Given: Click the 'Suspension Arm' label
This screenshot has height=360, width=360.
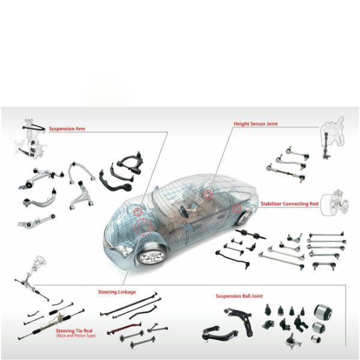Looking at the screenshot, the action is pos(67,129).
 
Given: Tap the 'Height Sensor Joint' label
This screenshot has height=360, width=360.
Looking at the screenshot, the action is pos(256,124).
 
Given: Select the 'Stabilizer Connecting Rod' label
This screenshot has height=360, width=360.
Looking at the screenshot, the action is pos(290,203).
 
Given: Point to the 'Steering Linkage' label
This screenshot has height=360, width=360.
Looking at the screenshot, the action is pos(117,292).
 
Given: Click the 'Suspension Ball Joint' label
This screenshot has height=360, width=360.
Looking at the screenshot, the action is pos(239,296).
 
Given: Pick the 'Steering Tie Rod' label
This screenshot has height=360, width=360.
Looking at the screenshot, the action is pos(74,331).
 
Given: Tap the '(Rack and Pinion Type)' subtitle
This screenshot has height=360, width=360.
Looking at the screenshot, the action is pos(76,335).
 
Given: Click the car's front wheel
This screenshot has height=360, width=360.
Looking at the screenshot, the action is pos(152,256).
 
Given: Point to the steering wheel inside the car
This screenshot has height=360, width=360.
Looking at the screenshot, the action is pos(184,211).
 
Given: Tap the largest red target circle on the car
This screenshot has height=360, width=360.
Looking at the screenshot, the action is pos(144,227).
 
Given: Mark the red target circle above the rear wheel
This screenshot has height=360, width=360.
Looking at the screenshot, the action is pos(237,208).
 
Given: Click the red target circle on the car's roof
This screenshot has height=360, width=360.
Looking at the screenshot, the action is pos(208,194).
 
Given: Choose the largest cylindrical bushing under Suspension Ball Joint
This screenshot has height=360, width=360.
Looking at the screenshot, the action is pos(323,312).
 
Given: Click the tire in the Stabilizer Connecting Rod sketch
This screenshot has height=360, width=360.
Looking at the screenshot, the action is pos(326,205).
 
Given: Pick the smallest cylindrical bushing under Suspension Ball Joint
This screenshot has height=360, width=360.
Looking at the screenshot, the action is pos(316,338).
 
